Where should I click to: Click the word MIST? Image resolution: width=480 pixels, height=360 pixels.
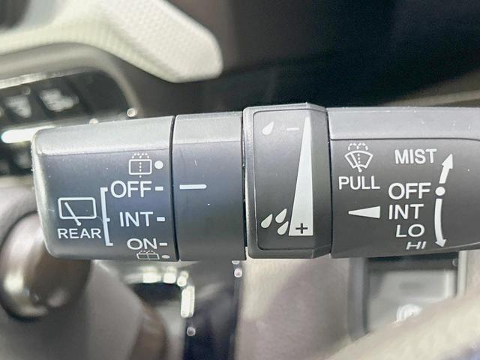(x=415, y=157)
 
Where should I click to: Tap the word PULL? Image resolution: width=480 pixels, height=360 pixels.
(x=358, y=183)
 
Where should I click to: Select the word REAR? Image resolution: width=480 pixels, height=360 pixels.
(x=79, y=234)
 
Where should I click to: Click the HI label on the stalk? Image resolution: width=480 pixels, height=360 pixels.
(x=416, y=245)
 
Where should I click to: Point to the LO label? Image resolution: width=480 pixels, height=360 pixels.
(x=410, y=231)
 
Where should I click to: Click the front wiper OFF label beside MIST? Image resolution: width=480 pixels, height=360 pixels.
(x=409, y=191)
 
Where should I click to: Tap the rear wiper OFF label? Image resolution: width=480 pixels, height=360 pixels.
(x=131, y=189)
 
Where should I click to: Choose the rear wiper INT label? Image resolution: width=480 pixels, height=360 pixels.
(x=136, y=219)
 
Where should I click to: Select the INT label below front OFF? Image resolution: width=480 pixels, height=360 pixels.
(x=406, y=212)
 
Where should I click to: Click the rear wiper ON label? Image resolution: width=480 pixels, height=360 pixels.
(x=142, y=244)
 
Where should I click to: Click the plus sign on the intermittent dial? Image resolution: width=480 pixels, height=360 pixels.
(x=301, y=228)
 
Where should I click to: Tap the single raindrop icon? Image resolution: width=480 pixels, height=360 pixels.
(x=268, y=128)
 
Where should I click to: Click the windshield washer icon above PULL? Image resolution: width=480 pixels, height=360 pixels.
(x=358, y=157)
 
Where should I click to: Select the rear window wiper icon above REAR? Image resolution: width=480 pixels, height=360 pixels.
(x=77, y=211)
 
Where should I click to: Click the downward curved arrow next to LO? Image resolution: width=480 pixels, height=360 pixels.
(x=439, y=223)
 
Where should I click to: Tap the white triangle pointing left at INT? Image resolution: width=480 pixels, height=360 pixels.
(x=364, y=212)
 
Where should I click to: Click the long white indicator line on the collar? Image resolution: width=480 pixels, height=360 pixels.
(x=193, y=187)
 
